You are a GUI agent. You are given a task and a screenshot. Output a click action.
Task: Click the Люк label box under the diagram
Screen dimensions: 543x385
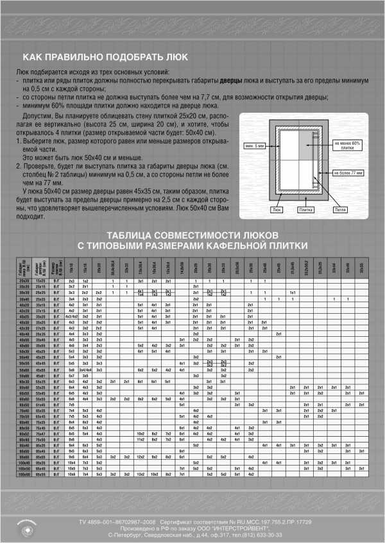(x=277, y=209)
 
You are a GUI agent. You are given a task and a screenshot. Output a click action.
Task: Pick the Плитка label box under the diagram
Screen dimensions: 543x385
(x=306, y=209)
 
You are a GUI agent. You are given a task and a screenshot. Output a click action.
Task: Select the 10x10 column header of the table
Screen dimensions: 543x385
(x=72, y=267)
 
